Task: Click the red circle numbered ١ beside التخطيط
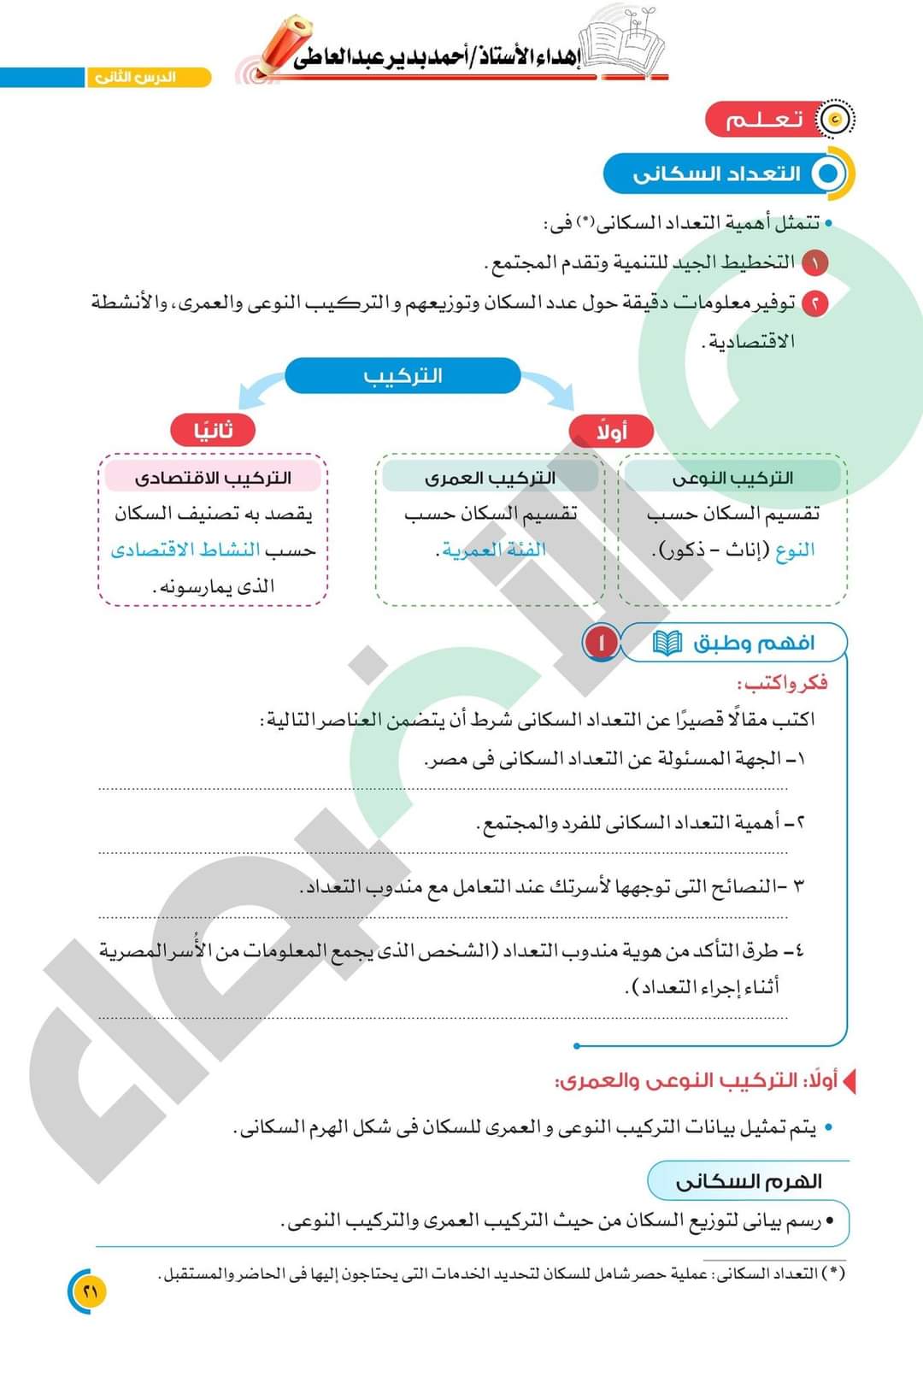(814, 262)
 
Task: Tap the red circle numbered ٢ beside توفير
(814, 303)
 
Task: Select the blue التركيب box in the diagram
(403, 376)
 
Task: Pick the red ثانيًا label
(213, 431)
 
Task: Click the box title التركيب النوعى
(732, 477)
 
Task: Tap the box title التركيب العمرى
(490, 477)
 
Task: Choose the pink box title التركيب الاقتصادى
(213, 477)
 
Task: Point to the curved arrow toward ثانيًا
(260, 387)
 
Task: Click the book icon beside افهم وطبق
(667, 643)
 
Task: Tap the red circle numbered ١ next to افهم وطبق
(601, 643)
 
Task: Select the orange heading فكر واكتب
(782, 683)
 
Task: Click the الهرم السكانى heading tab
(748, 1181)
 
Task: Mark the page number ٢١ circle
(90, 1291)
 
